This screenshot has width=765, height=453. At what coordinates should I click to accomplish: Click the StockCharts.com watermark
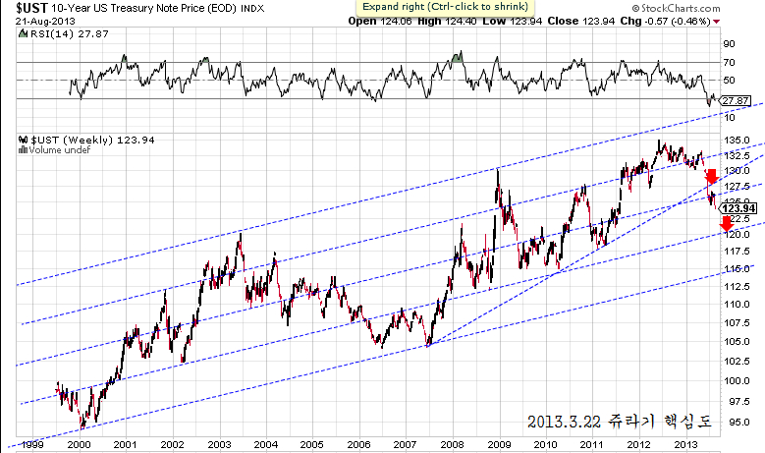[x=713, y=8]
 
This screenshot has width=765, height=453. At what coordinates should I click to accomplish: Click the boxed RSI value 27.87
[x=735, y=100]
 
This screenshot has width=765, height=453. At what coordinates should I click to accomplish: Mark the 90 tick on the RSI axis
[x=730, y=44]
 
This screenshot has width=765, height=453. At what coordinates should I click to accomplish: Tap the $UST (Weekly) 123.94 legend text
[x=70, y=140]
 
